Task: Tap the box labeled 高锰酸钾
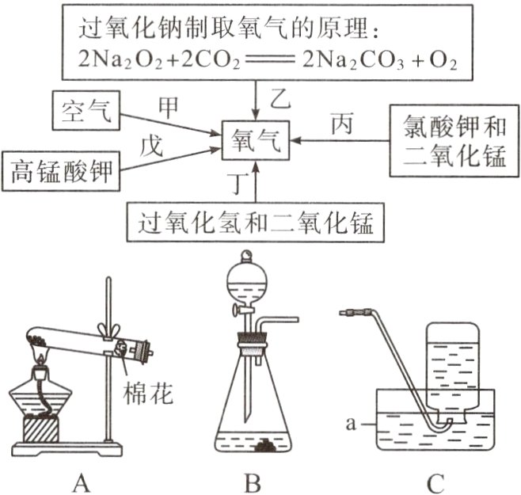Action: coord(61,170)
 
